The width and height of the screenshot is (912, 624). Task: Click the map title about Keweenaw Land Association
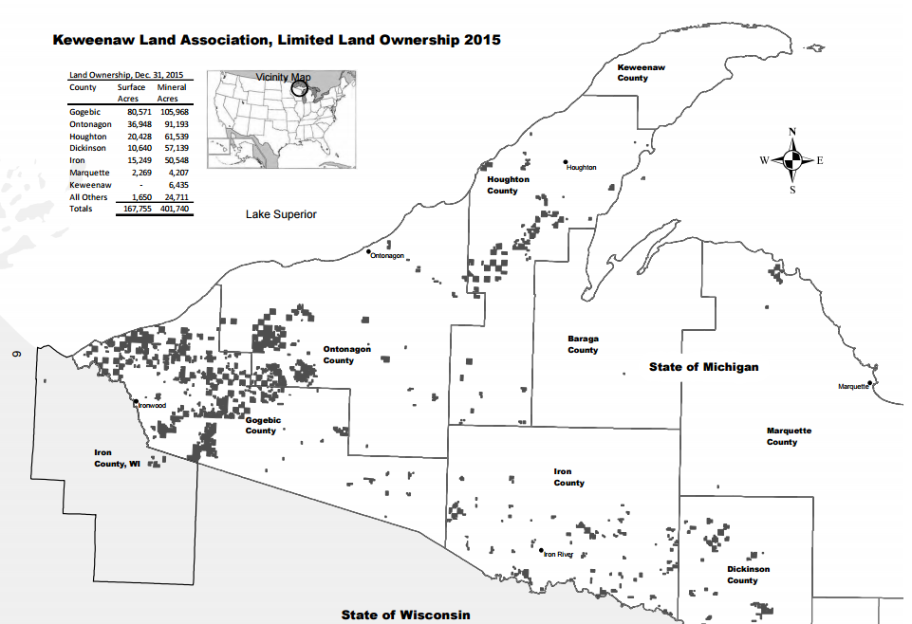tap(275, 41)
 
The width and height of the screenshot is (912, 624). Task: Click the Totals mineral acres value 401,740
tap(174, 209)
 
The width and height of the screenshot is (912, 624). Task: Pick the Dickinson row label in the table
tap(88, 149)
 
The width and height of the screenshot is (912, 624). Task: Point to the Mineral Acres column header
tap(172, 93)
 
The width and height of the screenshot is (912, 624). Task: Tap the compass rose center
tap(792, 160)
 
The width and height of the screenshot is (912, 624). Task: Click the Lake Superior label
tap(281, 214)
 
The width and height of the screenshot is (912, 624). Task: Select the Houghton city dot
tap(565, 162)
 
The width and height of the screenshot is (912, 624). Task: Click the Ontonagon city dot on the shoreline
tap(368, 251)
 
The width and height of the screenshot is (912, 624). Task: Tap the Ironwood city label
tap(152, 405)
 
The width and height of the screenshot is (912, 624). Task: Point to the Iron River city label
tap(559, 555)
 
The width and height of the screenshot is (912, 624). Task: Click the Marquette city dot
tap(872, 383)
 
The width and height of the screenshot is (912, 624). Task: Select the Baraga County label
tap(583, 344)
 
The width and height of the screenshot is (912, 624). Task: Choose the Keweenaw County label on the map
tap(632, 73)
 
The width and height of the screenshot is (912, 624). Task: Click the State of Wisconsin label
tap(405, 615)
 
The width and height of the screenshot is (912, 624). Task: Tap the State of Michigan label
tap(703, 367)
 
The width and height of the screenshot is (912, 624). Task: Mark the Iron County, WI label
tap(115, 459)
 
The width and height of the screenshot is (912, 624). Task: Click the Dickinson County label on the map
tap(748, 575)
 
